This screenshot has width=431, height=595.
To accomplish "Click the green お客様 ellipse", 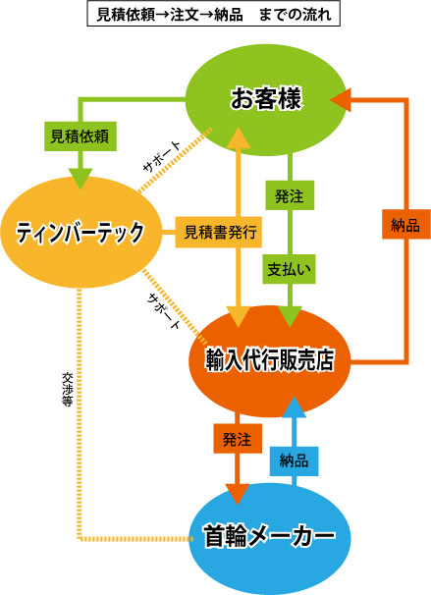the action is click(x=266, y=99).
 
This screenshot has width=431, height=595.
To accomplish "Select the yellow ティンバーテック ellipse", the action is click(x=81, y=232).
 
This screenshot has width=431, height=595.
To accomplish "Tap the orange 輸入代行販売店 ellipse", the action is click(x=270, y=361).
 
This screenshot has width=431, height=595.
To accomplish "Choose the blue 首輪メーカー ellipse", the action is click(x=270, y=538).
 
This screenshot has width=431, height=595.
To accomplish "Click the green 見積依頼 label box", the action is click(x=81, y=136).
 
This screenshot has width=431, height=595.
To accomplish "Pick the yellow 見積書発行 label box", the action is click(x=219, y=232).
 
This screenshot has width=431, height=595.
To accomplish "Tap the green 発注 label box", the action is click(x=290, y=195).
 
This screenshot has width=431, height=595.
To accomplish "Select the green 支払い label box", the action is click(x=289, y=269).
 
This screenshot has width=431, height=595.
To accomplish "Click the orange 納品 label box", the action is click(x=405, y=224).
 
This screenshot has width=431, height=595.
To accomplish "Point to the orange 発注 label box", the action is click(x=238, y=439).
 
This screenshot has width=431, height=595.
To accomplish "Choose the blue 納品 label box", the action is click(x=294, y=461).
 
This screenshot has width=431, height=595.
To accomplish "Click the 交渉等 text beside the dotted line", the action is click(x=67, y=390).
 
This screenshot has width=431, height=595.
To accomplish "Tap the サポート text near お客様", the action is click(x=162, y=156).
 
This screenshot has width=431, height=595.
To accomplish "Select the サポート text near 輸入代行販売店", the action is click(x=163, y=310).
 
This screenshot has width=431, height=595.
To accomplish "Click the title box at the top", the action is click(x=214, y=14).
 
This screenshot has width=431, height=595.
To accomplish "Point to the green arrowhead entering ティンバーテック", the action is click(x=81, y=179).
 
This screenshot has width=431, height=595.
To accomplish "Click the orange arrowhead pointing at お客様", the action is click(x=341, y=100).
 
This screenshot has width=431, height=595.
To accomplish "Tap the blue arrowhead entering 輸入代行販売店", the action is click(x=295, y=407).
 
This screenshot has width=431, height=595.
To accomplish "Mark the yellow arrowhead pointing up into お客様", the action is click(x=238, y=137).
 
